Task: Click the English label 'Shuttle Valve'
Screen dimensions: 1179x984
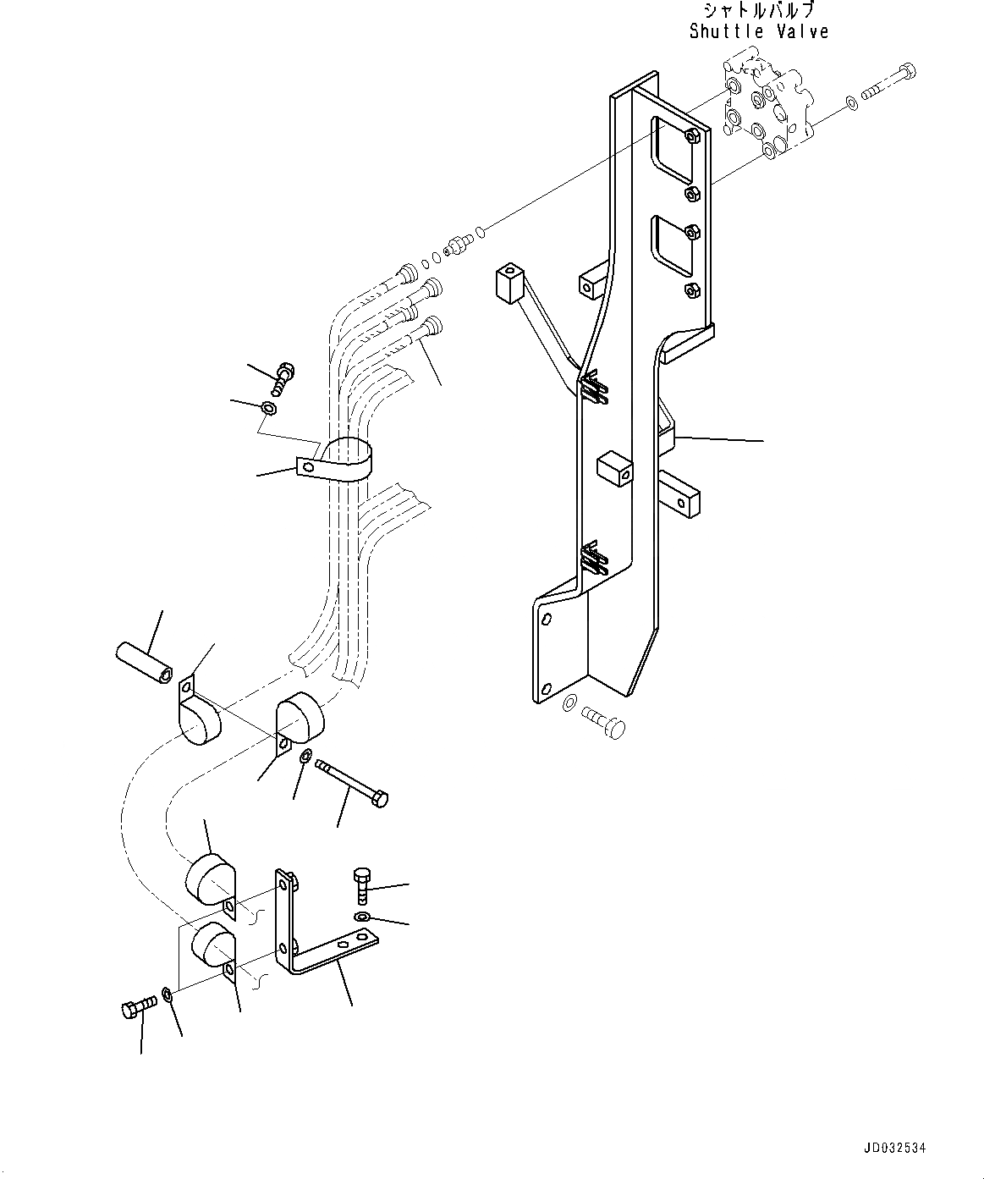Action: (759, 32)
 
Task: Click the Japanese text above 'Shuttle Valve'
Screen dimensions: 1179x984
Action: (759, 11)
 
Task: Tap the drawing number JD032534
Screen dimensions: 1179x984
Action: (894, 1148)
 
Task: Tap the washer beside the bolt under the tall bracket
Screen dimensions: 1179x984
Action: (569, 702)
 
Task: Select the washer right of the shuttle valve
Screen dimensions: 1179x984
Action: (850, 103)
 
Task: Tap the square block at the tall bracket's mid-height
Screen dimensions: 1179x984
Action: (615, 469)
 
